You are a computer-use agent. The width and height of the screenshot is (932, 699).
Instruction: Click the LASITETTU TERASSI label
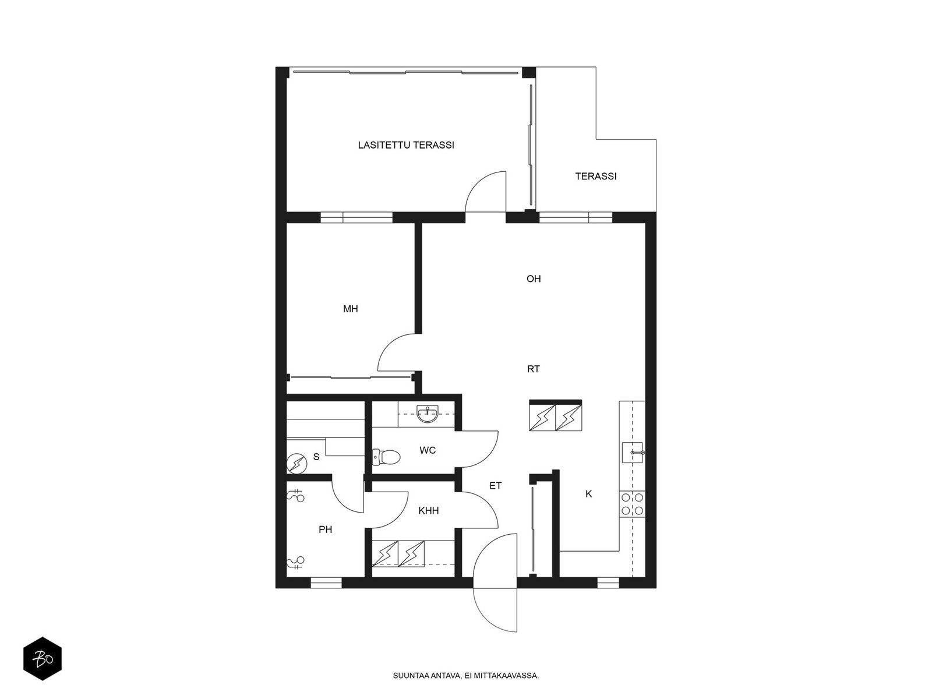406,145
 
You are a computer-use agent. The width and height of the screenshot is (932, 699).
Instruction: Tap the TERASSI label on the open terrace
596,176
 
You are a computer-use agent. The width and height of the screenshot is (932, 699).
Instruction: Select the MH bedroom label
350,309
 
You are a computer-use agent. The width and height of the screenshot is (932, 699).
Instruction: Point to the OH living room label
534,279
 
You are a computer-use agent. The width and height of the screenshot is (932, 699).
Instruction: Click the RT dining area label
534,369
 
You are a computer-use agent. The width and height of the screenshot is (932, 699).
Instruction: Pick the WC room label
428,450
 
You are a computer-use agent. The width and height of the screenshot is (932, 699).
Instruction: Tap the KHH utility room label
428,511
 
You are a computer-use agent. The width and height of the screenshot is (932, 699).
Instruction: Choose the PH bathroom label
325,529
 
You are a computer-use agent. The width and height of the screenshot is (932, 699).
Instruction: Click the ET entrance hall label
496,486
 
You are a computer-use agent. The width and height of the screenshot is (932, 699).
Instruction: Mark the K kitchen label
588,493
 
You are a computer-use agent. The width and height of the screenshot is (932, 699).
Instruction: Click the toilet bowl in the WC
386,457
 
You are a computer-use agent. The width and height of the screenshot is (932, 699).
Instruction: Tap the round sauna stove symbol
296,464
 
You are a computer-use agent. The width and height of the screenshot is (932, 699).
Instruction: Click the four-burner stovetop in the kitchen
632,504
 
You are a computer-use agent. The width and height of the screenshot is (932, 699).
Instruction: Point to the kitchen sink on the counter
633,453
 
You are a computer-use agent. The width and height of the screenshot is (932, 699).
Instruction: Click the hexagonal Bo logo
43,659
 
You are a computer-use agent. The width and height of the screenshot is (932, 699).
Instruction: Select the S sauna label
316,457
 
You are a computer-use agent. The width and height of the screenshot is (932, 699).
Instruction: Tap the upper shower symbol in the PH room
295,496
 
